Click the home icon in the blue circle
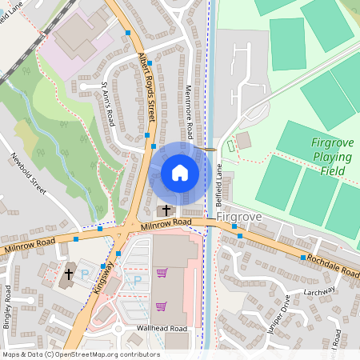click(x=180, y=173)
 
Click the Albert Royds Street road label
click(x=146, y=87)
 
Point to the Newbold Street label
click(x=29, y=174)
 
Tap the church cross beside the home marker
click(x=166, y=210)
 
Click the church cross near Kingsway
click(x=69, y=274)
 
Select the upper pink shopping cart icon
click(x=162, y=272)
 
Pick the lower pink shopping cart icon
click(x=162, y=305)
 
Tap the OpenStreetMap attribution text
click(x=81, y=354)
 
